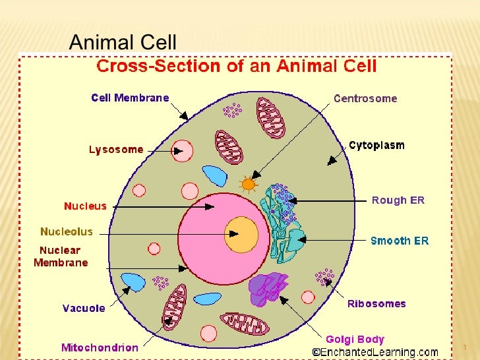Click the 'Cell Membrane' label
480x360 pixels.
point(130,98)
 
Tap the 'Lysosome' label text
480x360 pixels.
point(116,150)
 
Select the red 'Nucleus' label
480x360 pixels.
point(85,206)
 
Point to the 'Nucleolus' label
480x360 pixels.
point(67,231)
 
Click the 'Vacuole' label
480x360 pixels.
point(84,309)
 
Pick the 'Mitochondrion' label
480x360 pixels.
point(100,347)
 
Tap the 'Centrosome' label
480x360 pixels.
point(365,98)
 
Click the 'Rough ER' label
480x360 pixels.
point(398,200)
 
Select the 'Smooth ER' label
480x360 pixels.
point(400,241)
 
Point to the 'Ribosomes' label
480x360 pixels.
point(376,304)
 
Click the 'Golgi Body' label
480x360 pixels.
point(355,340)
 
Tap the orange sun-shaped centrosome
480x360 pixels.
point(248,184)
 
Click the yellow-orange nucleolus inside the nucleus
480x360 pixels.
point(241,234)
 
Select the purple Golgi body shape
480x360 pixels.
point(268,288)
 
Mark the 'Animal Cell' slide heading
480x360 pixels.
point(123,43)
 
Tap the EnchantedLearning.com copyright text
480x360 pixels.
point(375,353)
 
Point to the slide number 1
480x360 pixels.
point(465,347)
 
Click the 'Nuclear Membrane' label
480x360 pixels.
point(61,256)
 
